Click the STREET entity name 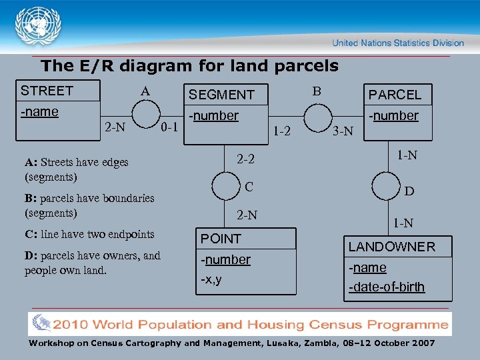click(47, 91)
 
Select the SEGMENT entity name click(221, 95)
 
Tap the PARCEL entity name click(395, 95)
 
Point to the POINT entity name click(221, 239)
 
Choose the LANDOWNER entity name click(392, 247)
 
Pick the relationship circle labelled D click(386, 185)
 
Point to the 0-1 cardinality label click(169, 125)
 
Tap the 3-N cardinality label click(343, 131)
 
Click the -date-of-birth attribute click(387, 287)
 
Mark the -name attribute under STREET click(40, 111)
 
